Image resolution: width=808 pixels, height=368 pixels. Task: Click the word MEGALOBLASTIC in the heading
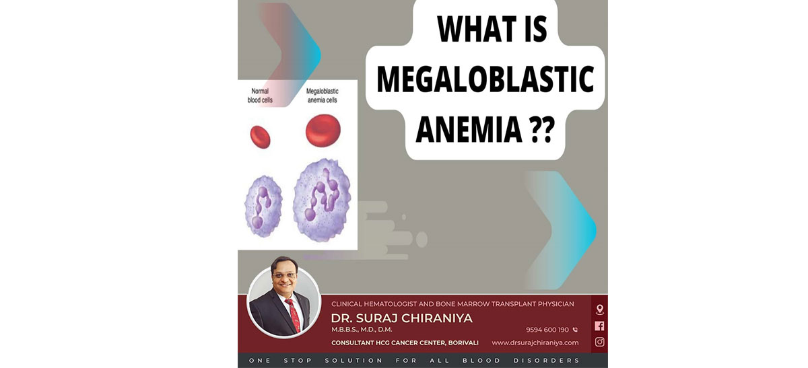(485, 79)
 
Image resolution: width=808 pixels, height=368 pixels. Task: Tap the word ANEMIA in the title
(469, 128)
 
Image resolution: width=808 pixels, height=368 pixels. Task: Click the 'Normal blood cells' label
(260, 96)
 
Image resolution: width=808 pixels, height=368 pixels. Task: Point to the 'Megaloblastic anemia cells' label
(322, 96)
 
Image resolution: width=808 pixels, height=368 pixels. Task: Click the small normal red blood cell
(260, 137)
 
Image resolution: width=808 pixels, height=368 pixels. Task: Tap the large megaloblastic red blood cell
(323, 131)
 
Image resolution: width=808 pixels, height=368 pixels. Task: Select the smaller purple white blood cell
(263, 206)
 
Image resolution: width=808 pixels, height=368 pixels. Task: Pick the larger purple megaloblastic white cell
(322, 200)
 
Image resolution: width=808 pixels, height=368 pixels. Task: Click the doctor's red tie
(294, 316)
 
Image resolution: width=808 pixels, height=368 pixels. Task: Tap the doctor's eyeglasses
(284, 275)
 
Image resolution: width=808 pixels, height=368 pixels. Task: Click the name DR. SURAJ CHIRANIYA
(401, 318)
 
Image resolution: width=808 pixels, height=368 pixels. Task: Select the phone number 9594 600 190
(547, 330)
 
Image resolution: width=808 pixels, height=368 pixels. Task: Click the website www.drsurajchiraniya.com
(535, 342)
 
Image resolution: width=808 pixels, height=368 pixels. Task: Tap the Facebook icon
(599, 326)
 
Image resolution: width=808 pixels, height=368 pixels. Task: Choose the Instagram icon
(599, 342)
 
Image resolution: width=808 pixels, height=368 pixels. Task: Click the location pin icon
(599, 309)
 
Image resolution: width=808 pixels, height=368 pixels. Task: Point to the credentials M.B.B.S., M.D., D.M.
(362, 330)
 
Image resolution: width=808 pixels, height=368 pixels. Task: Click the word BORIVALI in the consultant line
(463, 342)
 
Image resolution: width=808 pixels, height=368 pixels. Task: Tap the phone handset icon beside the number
(575, 330)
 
